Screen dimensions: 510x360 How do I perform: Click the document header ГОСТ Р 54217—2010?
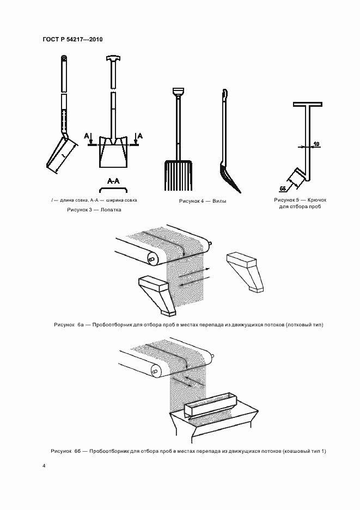click(x=72, y=39)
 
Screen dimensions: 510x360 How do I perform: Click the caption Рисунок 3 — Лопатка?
click(x=94, y=209)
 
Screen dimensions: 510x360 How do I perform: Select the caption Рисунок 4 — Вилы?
click(x=203, y=201)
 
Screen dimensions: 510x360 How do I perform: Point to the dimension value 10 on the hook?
click(x=316, y=144)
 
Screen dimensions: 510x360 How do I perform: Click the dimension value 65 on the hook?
click(x=283, y=187)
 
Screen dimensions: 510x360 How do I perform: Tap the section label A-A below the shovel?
click(x=113, y=180)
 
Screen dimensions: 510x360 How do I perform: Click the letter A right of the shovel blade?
click(x=139, y=135)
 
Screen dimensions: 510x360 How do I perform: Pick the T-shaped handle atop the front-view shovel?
click(x=113, y=58)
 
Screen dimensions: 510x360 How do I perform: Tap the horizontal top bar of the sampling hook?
click(x=306, y=104)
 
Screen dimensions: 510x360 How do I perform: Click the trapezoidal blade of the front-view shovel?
click(x=113, y=156)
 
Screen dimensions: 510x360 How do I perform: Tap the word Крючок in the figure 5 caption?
click(x=317, y=200)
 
